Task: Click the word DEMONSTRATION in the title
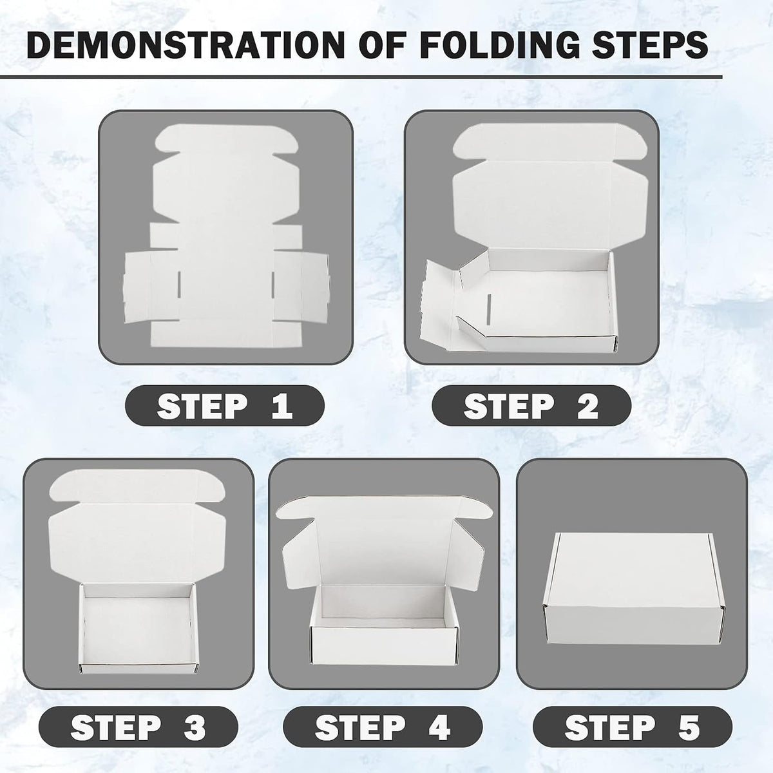[x=186, y=45]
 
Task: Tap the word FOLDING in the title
[x=500, y=45]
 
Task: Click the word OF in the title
[x=382, y=45]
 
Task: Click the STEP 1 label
[x=225, y=406]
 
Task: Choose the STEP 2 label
[x=531, y=406]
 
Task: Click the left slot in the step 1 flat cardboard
[x=179, y=285]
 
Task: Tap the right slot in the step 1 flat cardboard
[x=272, y=285]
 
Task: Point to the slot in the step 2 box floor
[x=488, y=310]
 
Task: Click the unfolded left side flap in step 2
[x=439, y=305]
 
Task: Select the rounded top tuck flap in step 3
[x=137, y=486]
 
